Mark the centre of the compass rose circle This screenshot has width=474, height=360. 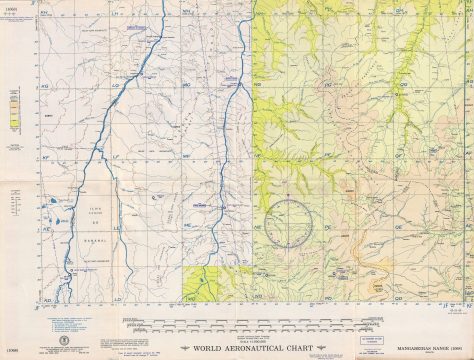click(289, 224)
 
